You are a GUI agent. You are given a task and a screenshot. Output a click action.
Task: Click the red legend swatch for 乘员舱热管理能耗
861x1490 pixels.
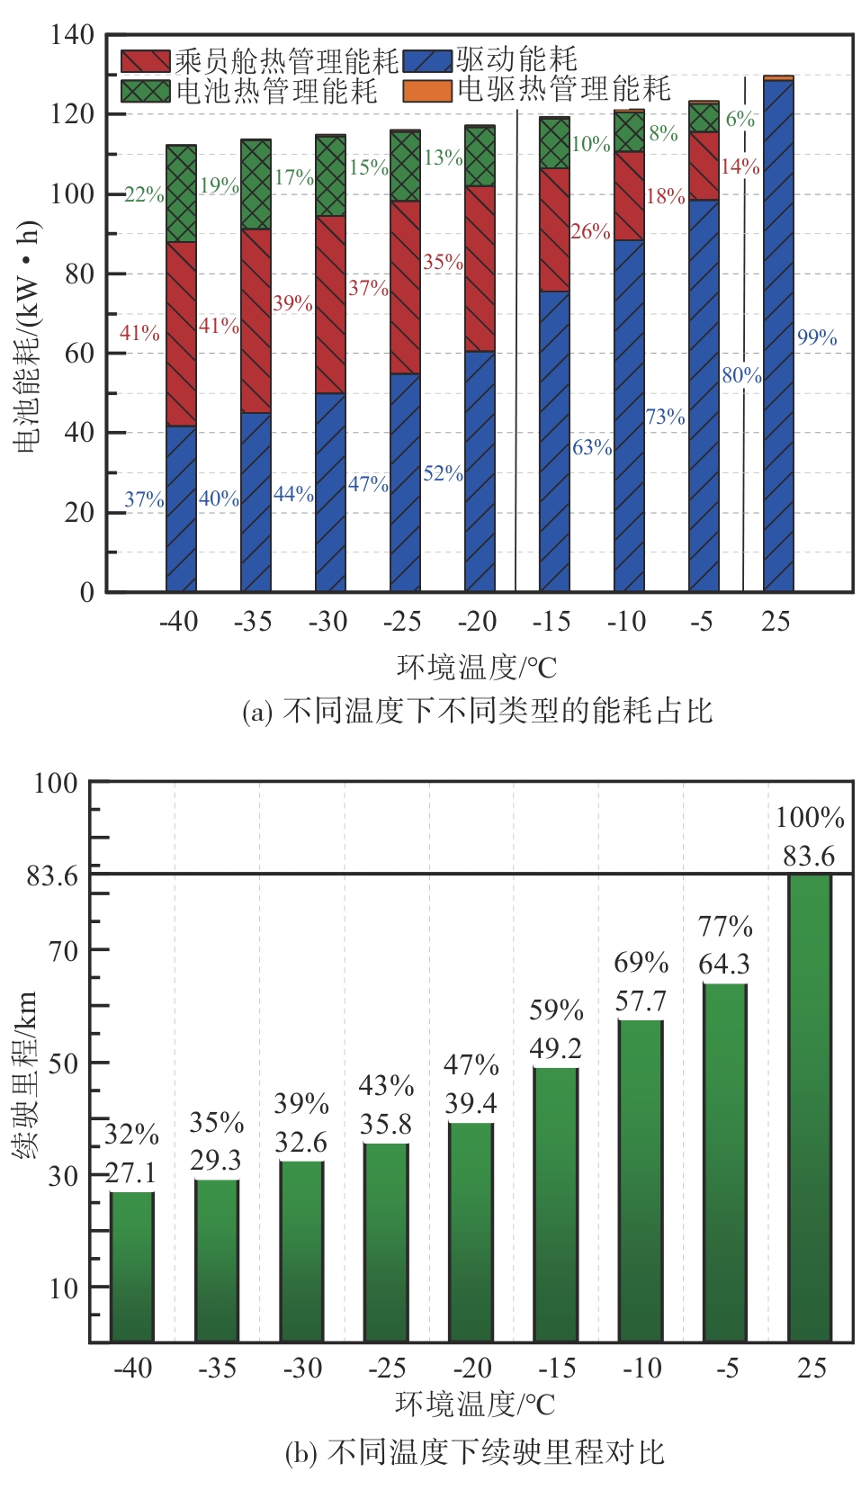pos(146,61)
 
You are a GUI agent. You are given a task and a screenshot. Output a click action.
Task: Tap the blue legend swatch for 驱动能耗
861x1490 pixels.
pos(427,61)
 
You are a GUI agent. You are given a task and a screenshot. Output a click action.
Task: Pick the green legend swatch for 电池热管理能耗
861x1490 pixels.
pos(146,91)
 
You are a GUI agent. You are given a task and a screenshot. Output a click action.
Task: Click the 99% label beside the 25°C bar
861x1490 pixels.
pos(816,338)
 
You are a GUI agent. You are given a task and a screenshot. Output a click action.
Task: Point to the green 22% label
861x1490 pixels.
pos(144,195)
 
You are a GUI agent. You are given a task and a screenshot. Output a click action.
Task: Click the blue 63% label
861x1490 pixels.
pos(592,447)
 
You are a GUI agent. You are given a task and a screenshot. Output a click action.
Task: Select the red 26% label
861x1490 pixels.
pos(590,232)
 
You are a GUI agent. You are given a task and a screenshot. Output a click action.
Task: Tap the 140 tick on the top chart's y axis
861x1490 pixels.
pos(72,35)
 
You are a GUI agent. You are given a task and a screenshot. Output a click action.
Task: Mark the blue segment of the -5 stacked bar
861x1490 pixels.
pos(704,396)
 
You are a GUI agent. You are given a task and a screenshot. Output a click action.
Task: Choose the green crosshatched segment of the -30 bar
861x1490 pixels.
pos(330,176)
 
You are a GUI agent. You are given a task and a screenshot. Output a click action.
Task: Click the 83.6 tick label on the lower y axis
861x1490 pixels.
pos(52,875)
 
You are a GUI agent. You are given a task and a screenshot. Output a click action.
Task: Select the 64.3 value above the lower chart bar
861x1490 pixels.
pos(723,965)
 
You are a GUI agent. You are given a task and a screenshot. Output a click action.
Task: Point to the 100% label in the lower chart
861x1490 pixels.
pos(810,818)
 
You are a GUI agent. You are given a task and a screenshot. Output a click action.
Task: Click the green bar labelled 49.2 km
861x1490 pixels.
pos(555,1206)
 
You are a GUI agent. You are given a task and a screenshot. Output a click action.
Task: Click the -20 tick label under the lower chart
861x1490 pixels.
pos(471,1369)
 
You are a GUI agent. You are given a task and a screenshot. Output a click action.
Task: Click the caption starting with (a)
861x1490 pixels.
pos(477,712)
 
